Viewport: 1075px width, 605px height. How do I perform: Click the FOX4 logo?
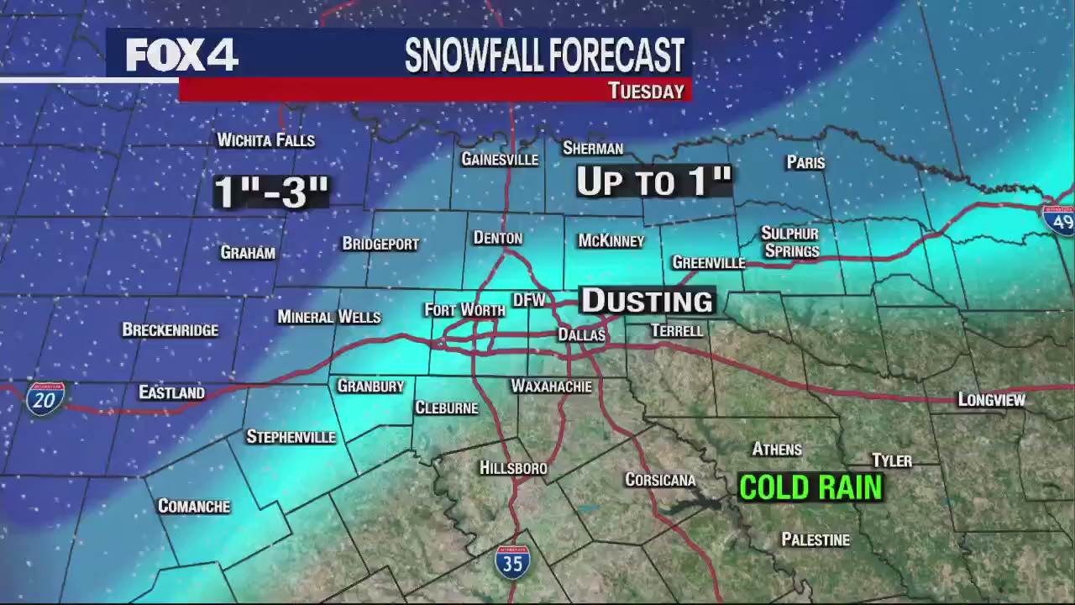(x=181, y=55)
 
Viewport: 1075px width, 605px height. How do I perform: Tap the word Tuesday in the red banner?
(x=646, y=91)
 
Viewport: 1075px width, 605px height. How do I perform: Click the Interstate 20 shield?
(x=45, y=397)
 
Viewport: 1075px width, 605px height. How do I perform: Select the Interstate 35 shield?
(x=512, y=561)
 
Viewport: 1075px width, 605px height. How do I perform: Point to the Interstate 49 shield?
(x=1060, y=219)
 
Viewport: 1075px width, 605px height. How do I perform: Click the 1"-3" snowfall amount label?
(x=271, y=192)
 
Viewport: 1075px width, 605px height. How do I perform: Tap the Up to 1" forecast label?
(x=654, y=181)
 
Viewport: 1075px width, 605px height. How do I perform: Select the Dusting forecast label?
(x=647, y=301)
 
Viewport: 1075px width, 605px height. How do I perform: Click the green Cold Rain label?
(x=810, y=487)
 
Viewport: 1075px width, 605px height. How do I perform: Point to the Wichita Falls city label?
(x=266, y=140)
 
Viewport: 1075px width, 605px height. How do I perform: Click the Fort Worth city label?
(x=464, y=310)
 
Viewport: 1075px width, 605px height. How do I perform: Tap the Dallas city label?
(x=582, y=334)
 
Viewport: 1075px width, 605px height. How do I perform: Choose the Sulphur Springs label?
(x=789, y=242)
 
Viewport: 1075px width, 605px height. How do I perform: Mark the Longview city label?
(x=991, y=400)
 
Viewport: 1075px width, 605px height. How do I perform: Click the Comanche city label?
(x=194, y=506)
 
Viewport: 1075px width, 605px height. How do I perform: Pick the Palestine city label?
(x=815, y=539)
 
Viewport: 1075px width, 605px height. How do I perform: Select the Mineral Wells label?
(x=329, y=317)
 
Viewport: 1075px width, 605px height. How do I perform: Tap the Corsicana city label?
(x=660, y=480)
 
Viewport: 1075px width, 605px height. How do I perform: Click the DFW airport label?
(x=529, y=300)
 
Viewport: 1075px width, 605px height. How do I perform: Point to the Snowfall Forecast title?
(x=544, y=55)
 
